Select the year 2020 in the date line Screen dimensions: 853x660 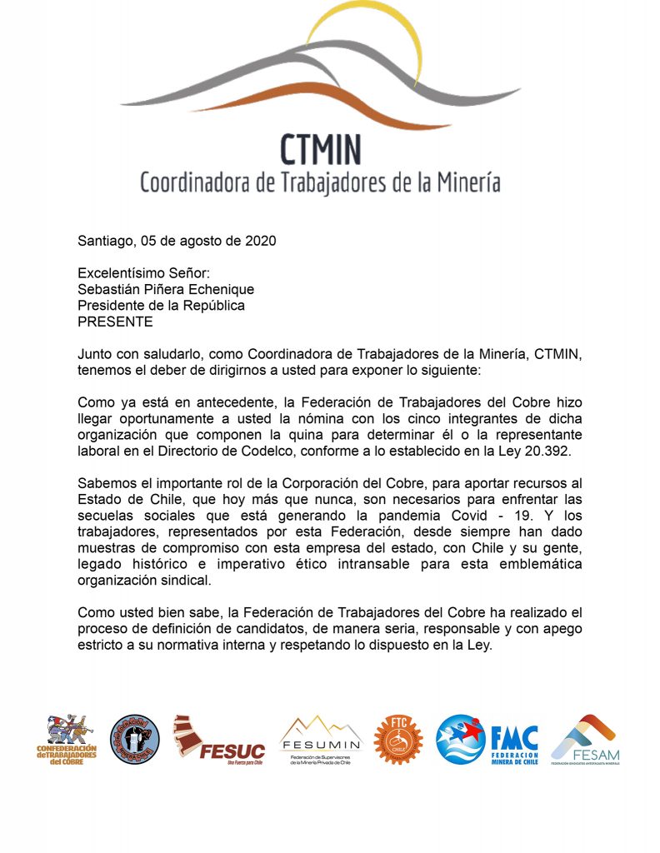coord(261,242)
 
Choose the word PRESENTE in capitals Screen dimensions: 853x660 coord(115,321)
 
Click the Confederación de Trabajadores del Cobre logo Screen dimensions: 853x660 coord(67,739)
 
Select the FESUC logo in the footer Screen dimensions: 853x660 coord(219,739)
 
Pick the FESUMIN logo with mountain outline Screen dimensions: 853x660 coord(321,739)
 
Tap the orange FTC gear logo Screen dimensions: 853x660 coord(398,739)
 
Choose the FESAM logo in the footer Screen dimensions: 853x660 coord(585,739)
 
